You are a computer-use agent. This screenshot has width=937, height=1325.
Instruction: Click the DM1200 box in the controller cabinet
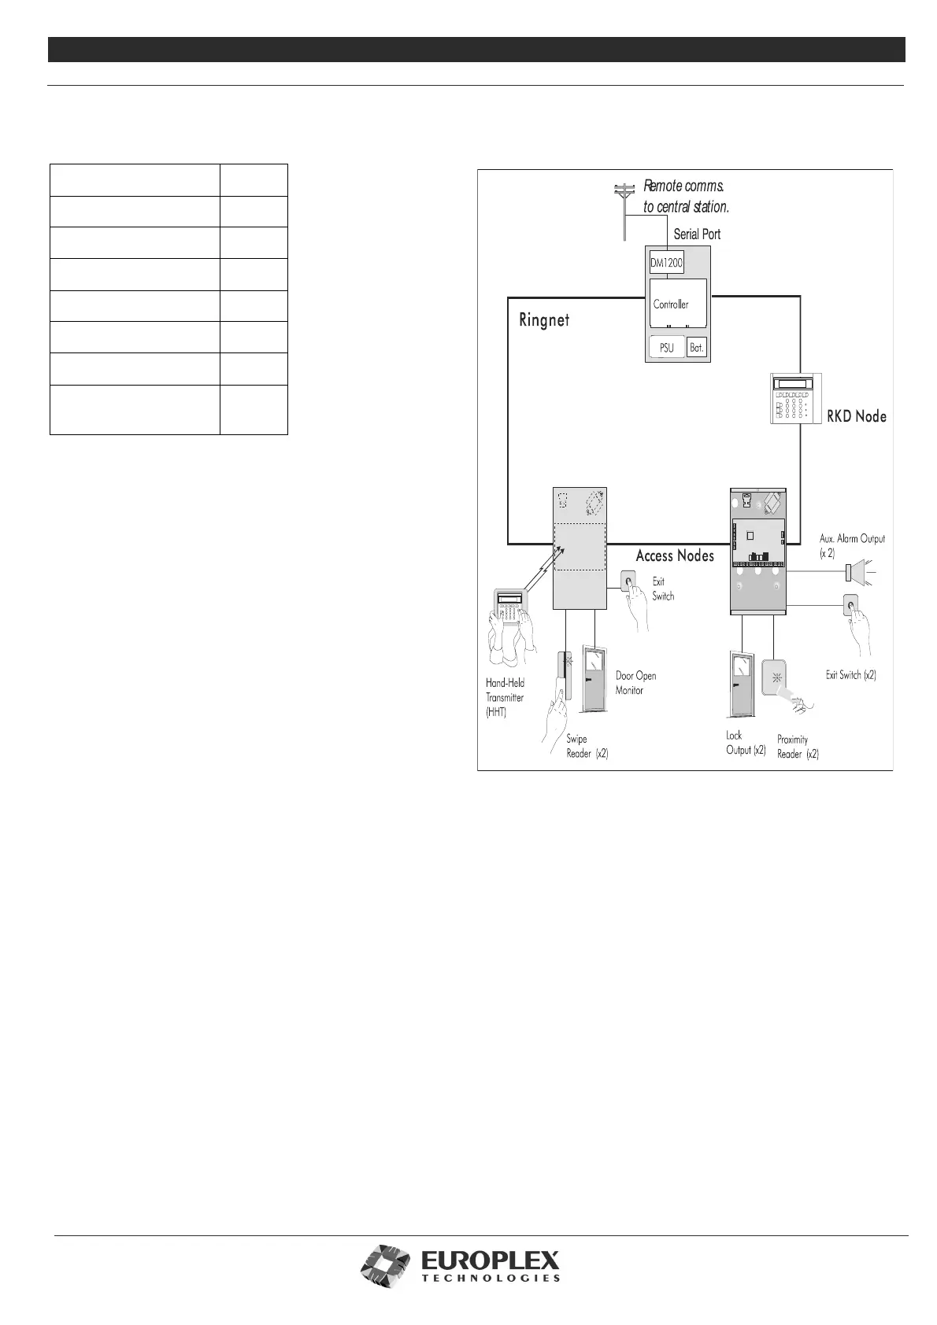tap(666, 263)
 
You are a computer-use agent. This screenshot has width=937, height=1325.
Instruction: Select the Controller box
tap(678, 303)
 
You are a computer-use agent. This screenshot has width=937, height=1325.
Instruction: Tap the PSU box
tap(666, 347)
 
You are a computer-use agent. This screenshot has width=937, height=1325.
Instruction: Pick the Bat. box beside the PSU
tap(697, 347)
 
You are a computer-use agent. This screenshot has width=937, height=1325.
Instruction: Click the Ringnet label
tap(544, 320)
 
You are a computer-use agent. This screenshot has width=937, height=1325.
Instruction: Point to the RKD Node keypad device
tap(795, 398)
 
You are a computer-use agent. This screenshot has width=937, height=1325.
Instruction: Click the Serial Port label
tap(697, 234)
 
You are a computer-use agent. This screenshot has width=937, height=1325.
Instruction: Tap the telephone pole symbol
tap(624, 212)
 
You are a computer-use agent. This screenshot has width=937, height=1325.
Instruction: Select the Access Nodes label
tap(675, 555)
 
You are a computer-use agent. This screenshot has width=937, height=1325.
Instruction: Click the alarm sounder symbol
tap(861, 573)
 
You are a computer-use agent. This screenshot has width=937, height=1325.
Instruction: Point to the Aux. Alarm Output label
tap(852, 545)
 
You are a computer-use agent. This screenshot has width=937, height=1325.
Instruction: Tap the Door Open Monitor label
tap(635, 683)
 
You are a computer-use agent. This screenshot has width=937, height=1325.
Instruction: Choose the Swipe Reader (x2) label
tap(587, 747)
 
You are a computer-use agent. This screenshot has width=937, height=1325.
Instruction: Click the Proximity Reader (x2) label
tap(798, 747)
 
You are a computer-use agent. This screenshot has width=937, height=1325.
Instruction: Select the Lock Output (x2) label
tap(746, 743)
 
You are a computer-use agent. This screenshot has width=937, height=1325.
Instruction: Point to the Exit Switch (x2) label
tap(850, 675)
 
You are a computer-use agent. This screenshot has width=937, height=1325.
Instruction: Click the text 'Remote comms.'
tap(683, 186)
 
